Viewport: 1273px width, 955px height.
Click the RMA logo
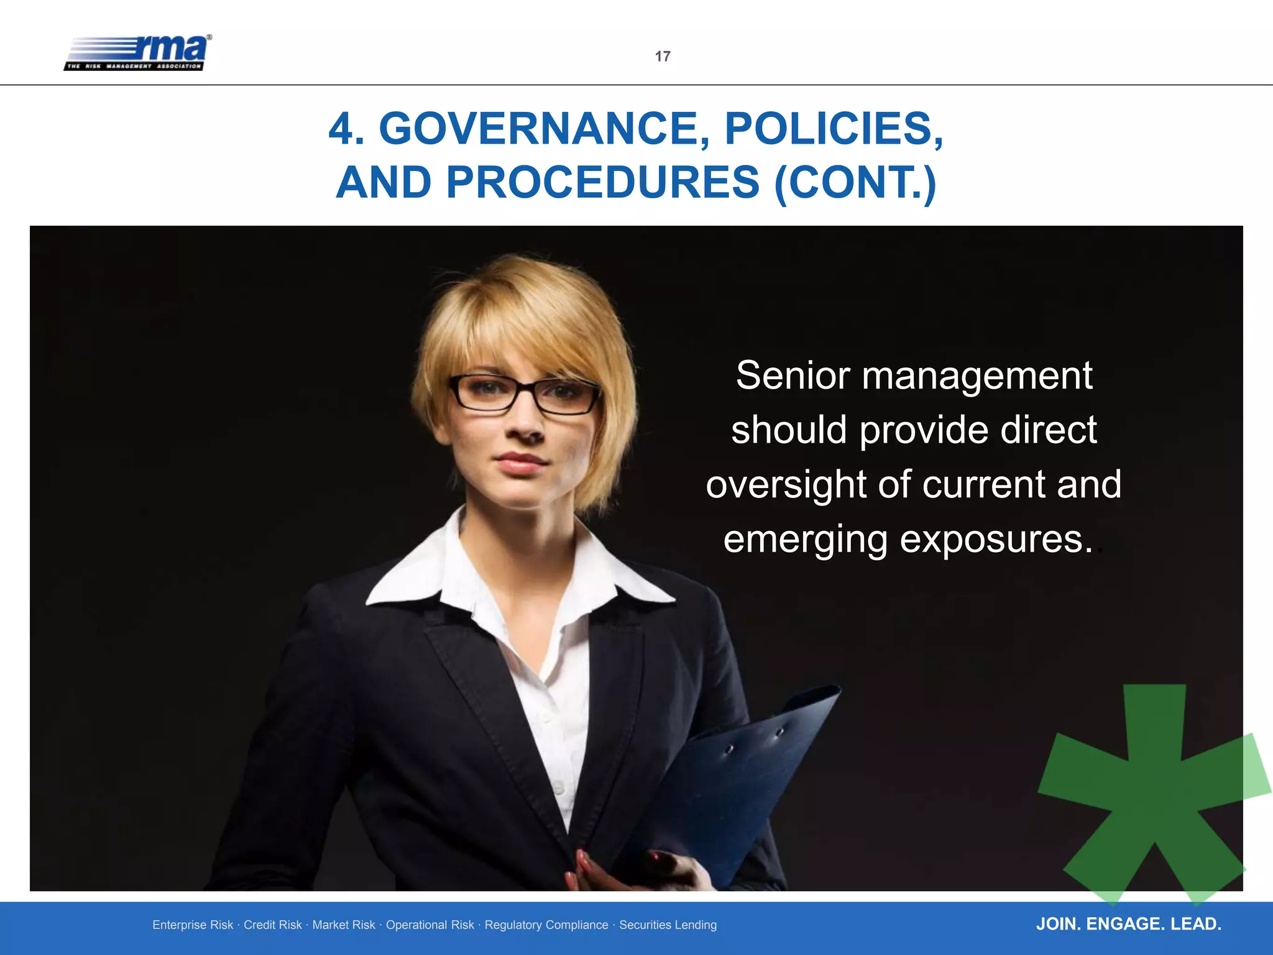coord(138,53)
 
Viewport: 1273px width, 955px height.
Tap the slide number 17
coord(663,57)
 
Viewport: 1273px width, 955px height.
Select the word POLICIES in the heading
coord(834,129)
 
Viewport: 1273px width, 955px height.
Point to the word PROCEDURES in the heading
coord(603,183)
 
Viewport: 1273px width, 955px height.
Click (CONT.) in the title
coord(855,183)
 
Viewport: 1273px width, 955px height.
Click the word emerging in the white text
coord(805,540)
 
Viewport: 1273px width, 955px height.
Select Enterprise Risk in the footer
coord(193,925)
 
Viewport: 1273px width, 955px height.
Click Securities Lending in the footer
coord(668,925)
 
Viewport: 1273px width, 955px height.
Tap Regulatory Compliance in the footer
coord(546,925)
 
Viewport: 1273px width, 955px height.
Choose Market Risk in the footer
coord(344,925)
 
